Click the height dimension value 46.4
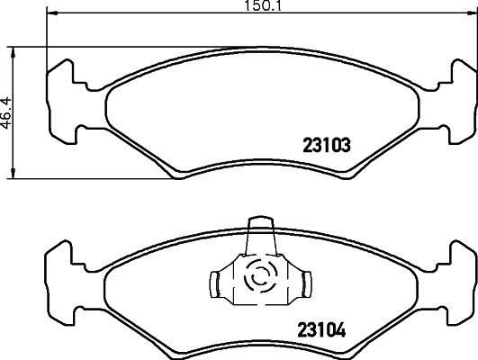pyautogui.click(x=6, y=114)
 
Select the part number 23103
pyautogui.click(x=323, y=144)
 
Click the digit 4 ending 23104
pyautogui.click(x=343, y=329)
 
